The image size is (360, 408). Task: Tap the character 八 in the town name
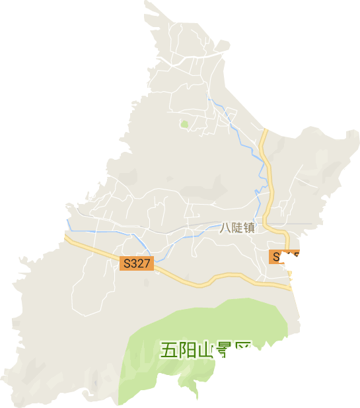pos(225,228)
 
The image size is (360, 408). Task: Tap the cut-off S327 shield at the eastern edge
pos(283,256)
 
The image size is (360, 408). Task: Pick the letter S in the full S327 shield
pos(126,263)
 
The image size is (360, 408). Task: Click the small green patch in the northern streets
pos(184,123)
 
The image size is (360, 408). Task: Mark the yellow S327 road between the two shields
pos(211,281)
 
